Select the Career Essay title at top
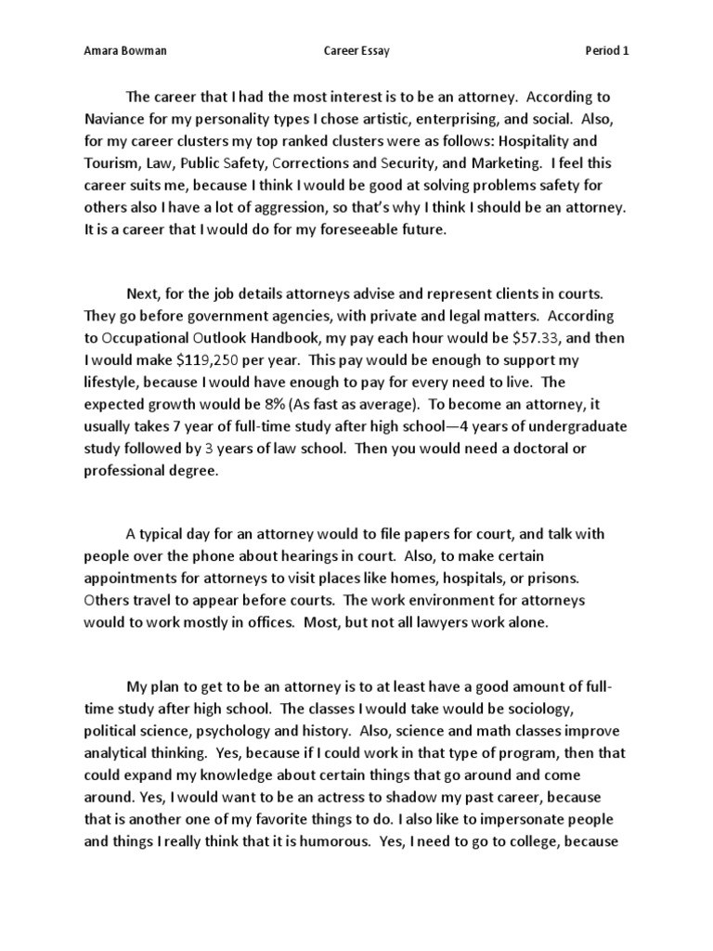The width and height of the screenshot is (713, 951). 356,51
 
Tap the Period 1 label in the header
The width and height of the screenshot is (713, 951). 607,51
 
